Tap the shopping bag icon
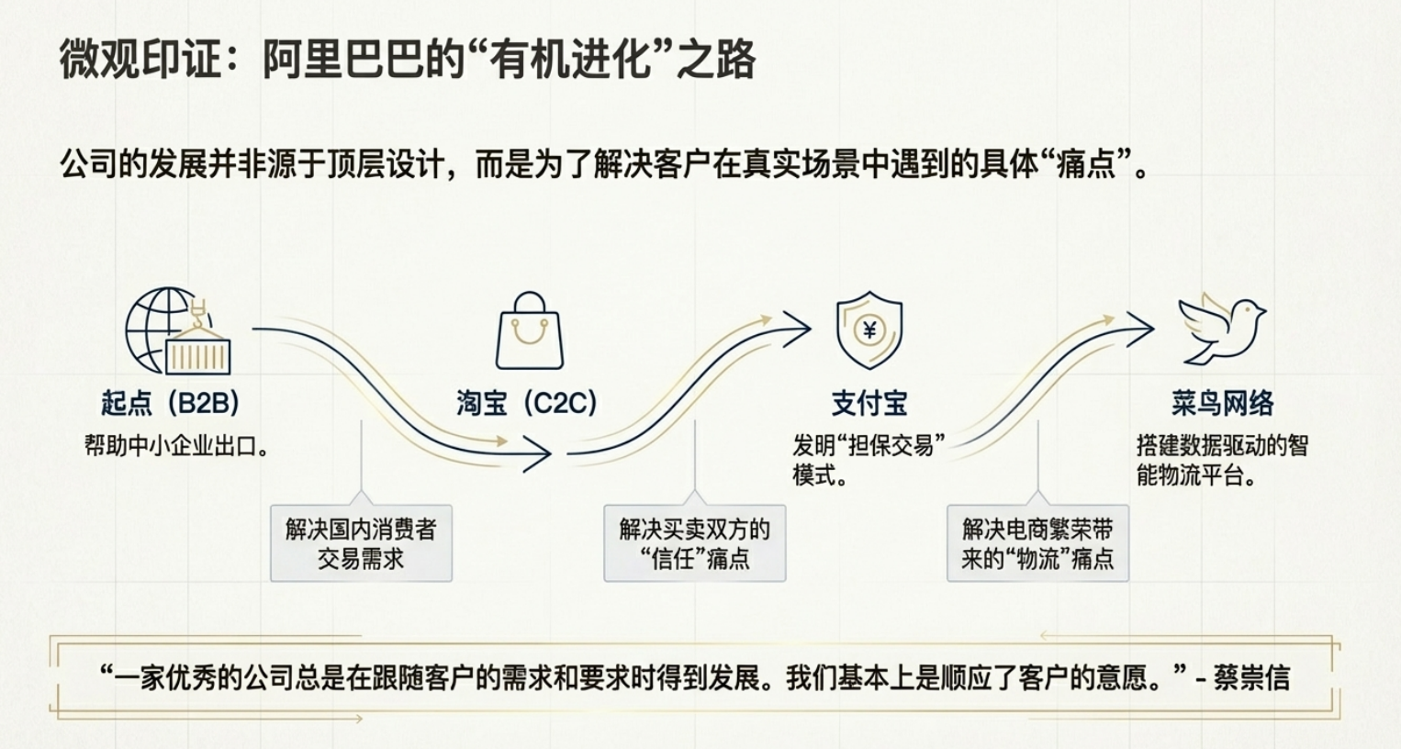coord(529,332)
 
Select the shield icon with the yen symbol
coord(869,330)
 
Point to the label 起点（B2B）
coord(170,403)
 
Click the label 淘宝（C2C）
coord(527,403)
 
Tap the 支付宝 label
coord(869,403)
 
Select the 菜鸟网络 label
coord(1222,403)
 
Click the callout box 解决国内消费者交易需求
coord(361,543)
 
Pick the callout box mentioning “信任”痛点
coord(694,543)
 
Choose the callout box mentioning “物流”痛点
coord(1037,543)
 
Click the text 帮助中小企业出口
coord(175,447)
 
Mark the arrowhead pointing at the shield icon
coord(797,328)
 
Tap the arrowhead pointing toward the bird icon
coord(1139,328)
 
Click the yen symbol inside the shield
coord(869,329)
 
